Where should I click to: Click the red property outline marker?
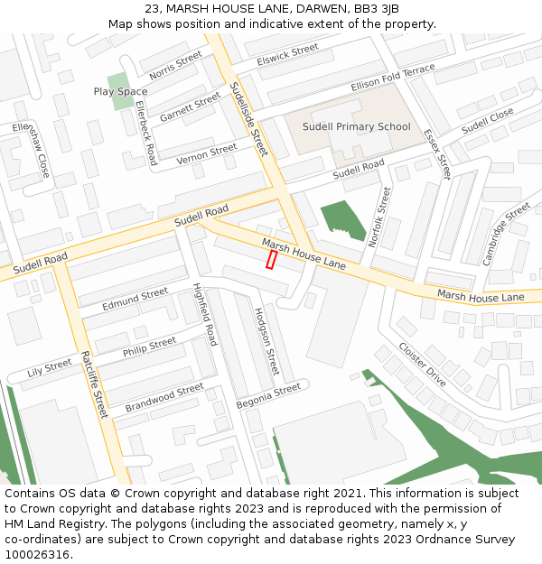[271, 260]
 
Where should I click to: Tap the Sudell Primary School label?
[356, 127]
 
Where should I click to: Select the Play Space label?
[120, 92]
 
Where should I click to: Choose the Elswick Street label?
[287, 55]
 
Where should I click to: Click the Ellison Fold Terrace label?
[393, 78]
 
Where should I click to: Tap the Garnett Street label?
[190, 107]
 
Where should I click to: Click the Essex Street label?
[436, 153]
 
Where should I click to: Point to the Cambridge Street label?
[506, 234]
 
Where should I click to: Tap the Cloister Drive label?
[422, 365]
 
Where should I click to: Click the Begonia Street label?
[267, 394]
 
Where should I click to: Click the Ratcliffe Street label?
[94, 384]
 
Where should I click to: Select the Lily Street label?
[50, 367]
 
